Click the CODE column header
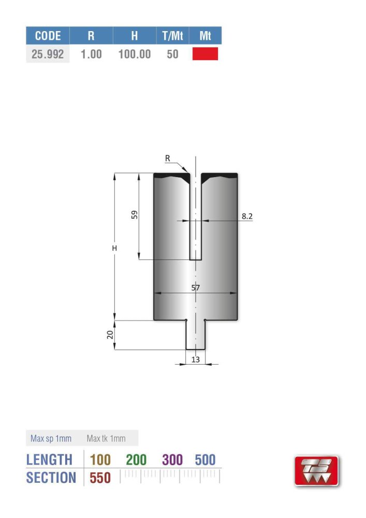coord(48,36)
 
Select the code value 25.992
coord(48,54)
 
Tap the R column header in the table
coord(91,36)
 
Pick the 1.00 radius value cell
coord(91,54)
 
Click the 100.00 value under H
coord(134,54)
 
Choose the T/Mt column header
coord(172,36)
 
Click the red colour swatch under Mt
coord(205,54)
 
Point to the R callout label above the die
coord(168,159)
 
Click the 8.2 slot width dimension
coord(247,216)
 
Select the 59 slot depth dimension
coord(134,215)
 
